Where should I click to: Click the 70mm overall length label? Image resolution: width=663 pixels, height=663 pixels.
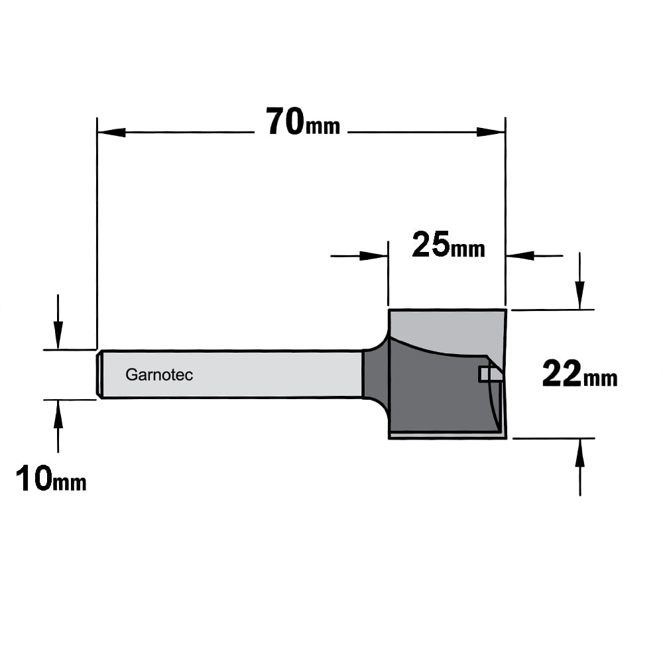point(303,121)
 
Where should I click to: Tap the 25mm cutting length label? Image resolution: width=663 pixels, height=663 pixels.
point(448,245)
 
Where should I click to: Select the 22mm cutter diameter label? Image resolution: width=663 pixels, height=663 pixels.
point(579,374)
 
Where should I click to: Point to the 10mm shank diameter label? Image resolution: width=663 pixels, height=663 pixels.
point(51,478)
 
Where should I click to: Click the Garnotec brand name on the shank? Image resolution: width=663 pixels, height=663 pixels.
point(159,375)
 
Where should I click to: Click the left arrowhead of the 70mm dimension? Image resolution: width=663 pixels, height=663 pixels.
point(111,133)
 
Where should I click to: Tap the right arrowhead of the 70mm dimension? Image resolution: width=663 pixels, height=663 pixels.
point(491,133)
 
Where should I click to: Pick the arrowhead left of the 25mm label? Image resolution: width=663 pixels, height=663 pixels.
point(374,256)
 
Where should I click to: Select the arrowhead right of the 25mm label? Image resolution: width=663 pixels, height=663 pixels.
point(520,256)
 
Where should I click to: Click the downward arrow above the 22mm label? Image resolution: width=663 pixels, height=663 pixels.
point(579,281)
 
